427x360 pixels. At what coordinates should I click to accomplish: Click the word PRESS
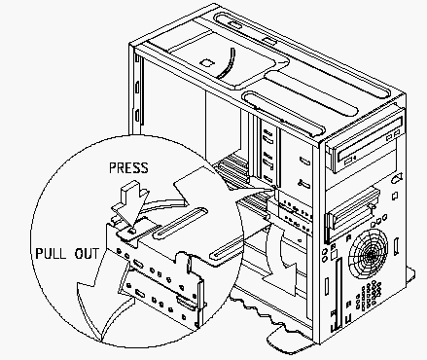click(128, 167)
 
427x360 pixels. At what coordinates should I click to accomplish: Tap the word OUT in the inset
click(87, 254)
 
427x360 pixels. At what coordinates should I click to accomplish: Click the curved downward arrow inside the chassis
click(279, 256)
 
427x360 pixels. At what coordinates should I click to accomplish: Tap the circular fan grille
click(369, 255)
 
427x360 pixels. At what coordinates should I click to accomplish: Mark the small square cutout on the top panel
click(206, 62)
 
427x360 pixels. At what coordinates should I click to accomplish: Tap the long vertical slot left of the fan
click(338, 293)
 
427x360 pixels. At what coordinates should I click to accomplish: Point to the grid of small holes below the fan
click(368, 295)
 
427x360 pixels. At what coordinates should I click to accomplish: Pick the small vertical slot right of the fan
click(396, 246)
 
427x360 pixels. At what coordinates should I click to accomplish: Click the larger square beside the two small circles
click(335, 255)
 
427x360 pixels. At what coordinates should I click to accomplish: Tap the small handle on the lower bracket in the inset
click(184, 301)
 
